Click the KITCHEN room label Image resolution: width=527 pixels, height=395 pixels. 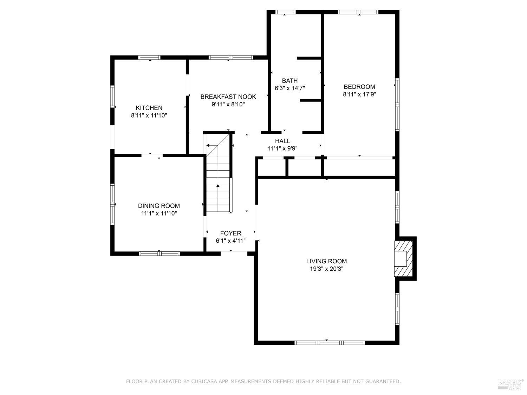pyautogui.click(x=149, y=108)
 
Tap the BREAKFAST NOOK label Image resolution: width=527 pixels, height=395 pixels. pyautogui.click(x=228, y=97)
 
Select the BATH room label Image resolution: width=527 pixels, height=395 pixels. pyautogui.click(x=289, y=81)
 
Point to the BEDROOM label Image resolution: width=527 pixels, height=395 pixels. pyautogui.click(x=359, y=87)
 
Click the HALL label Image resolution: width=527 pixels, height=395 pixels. pyautogui.click(x=282, y=141)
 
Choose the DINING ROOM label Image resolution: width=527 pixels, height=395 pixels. pyautogui.click(x=159, y=206)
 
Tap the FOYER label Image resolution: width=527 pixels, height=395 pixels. pyautogui.click(x=230, y=233)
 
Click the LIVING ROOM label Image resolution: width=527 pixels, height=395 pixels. pyautogui.click(x=326, y=261)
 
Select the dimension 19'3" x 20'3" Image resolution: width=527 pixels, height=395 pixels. pyautogui.click(x=326, y=269)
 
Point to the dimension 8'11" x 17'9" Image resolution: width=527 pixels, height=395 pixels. pyautogui.click(x=359, y=94)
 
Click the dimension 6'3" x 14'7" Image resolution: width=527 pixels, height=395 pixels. pyautogui.click(x=289, y=88)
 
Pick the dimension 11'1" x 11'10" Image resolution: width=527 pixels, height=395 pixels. pyautogui.click(x=159, y=213)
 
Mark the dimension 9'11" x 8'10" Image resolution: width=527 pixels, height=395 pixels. pyautogui.click(x=228, y=104)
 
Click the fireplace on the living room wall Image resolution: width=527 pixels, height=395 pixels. pyautogui.click(x=403, y=259)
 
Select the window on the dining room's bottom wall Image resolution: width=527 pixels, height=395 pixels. pyautogui.click(x=159, y=253)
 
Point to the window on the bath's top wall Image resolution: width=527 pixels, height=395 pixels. pyautogui.click(x=285, y=12)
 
